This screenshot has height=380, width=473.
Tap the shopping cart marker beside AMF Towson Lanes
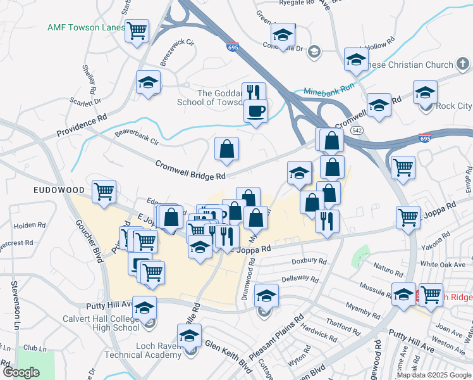[x=137, y=30]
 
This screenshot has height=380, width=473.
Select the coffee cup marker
[x=255, y=111]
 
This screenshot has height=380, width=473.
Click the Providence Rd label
[x=82, y=125]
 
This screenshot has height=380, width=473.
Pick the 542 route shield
[x=357, y=130]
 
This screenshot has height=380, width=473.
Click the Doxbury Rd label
[x=309, y=261]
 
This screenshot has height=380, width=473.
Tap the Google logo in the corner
[x=21, y=372]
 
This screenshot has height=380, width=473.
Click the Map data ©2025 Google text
[x=434, y=375]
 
